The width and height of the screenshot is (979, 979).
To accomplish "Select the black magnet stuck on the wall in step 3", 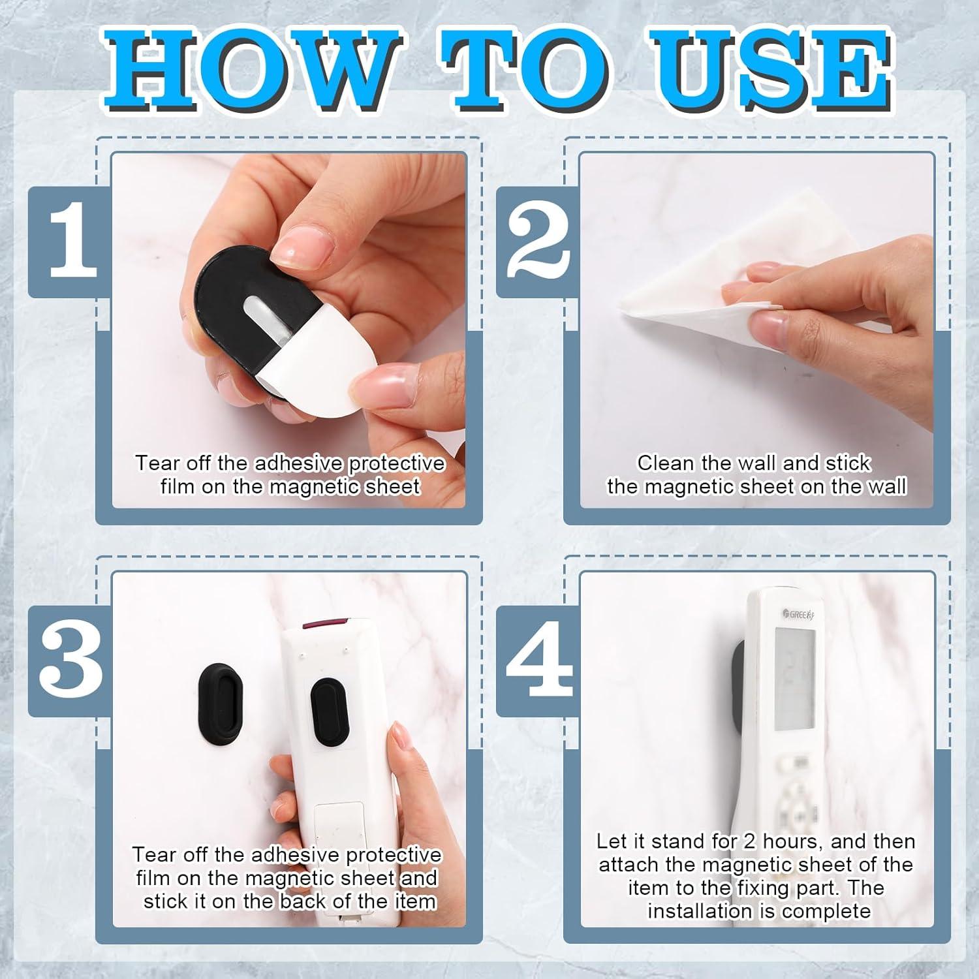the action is click(220, 706).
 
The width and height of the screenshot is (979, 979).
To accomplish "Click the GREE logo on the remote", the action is click(802, 614).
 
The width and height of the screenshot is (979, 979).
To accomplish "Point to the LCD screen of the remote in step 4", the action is click(794, 679).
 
